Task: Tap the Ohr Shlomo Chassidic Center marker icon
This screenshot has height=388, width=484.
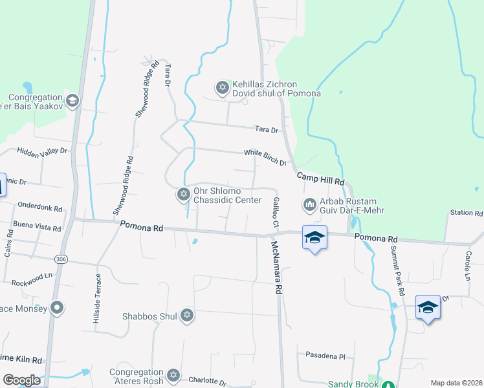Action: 182,194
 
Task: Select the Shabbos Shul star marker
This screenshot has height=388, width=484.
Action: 187,316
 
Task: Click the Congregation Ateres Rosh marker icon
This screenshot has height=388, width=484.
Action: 172,376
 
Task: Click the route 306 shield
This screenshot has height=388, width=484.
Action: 61,259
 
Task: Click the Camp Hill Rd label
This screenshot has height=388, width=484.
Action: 320,179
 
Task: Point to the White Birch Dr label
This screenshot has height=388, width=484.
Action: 265,156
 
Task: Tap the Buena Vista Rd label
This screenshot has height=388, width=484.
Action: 37,226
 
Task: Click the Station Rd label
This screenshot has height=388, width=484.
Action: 466,213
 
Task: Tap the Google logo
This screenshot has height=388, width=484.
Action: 21,380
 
